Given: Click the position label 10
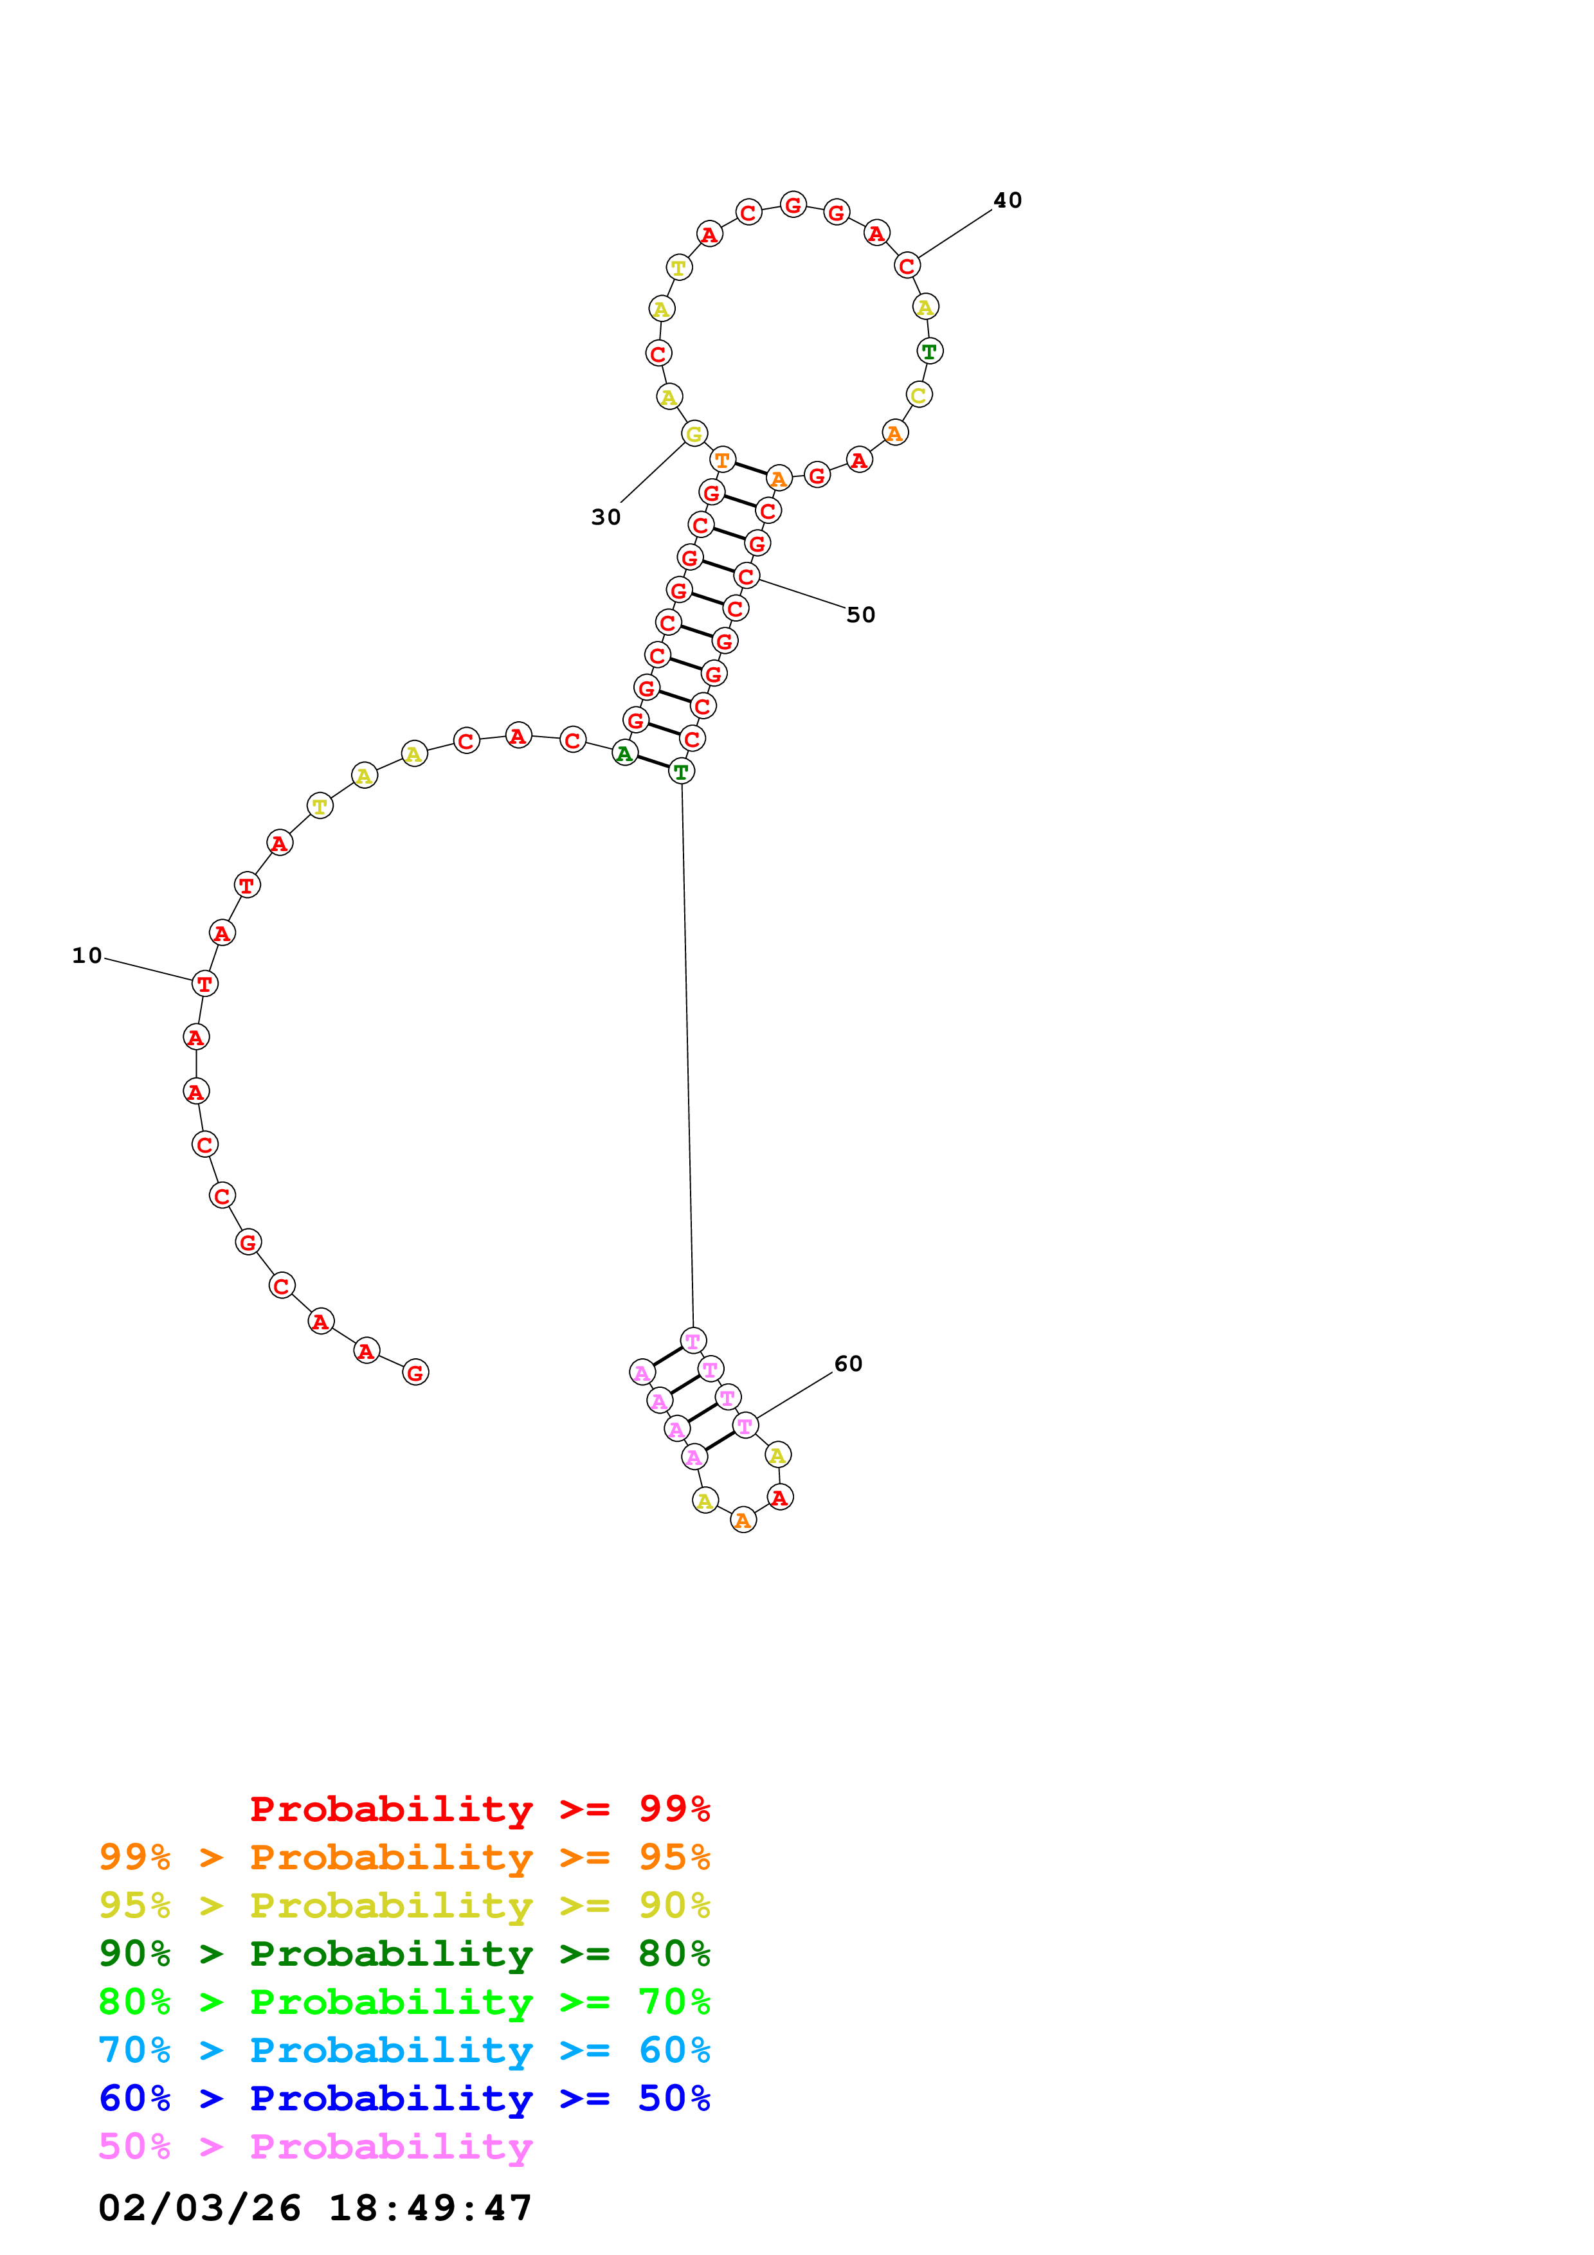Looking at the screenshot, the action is (86, 956).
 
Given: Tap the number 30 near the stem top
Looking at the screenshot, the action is (605, 517).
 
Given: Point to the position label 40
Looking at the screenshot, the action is (1007, 201).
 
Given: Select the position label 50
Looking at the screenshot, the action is (860, 615).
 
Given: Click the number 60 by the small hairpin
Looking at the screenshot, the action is (847, 1364).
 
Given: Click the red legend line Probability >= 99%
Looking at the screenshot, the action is (479, 1809).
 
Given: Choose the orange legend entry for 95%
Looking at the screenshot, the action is (404, 1857).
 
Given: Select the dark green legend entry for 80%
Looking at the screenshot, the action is (404, 1954).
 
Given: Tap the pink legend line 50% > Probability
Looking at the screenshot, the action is (315, 2147).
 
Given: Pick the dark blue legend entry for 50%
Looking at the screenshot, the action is (404, 2099).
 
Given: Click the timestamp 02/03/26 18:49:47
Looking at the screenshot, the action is (315, 2209).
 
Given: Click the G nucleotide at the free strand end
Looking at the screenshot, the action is (415, 1373).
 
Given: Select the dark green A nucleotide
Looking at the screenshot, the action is (624, 754).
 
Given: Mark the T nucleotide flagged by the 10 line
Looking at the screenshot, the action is (204, 983).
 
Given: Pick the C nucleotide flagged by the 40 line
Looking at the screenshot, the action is (907, 266).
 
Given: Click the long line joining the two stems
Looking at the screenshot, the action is (687, 1056).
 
